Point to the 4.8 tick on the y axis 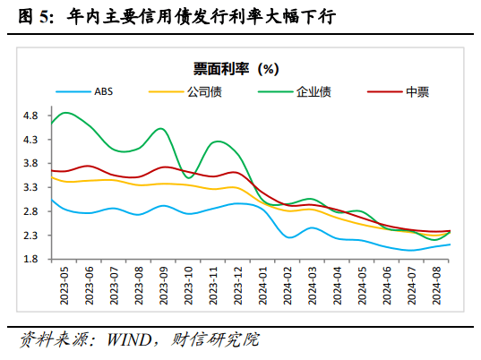coord(30,116)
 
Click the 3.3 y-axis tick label coord(30,188)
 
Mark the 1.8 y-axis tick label coord(30,260)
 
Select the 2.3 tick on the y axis coord(30,236)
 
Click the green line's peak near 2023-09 coord(160,129)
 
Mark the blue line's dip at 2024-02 coord(290,237)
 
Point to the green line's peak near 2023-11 coord(218,141)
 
